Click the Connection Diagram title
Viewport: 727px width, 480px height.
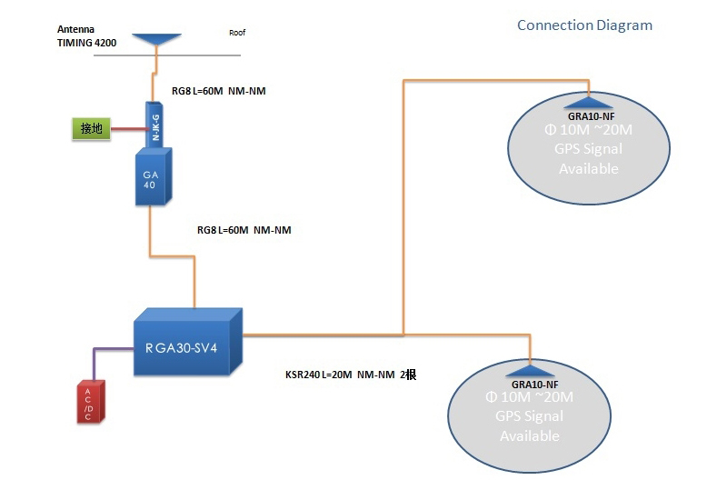tap(584, 25)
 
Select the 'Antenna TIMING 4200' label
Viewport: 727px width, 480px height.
tap(86, 35)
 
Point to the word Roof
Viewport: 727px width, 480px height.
tap(237, 33)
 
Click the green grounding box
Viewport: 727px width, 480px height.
tap(91, 129)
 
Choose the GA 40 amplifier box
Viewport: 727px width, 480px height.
tap(150, 178)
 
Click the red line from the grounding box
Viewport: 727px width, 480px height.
tap(127, 129)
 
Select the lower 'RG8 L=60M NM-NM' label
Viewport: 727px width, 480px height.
tap(244, 231)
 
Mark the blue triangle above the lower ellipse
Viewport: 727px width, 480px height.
tap(530, 370)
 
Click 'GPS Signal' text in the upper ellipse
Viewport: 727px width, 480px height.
tap(588, 149)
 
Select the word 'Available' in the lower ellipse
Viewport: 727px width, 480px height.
tap(530, 435)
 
